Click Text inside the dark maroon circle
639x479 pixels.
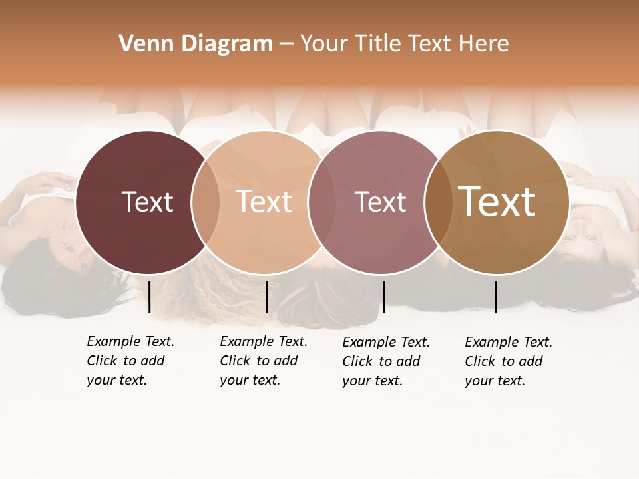147,202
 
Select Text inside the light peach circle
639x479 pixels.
264,202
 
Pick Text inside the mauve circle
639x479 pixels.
380,202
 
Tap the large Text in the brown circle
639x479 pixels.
497,202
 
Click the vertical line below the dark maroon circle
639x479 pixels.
150,297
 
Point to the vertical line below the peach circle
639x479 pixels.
266,297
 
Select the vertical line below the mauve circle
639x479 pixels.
383,297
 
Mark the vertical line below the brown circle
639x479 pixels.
495,297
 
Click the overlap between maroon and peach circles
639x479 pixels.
206,202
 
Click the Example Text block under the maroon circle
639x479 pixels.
130,361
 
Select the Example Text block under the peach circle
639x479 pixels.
264,361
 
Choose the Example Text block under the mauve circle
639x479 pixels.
386,361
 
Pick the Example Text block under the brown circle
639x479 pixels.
509,361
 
